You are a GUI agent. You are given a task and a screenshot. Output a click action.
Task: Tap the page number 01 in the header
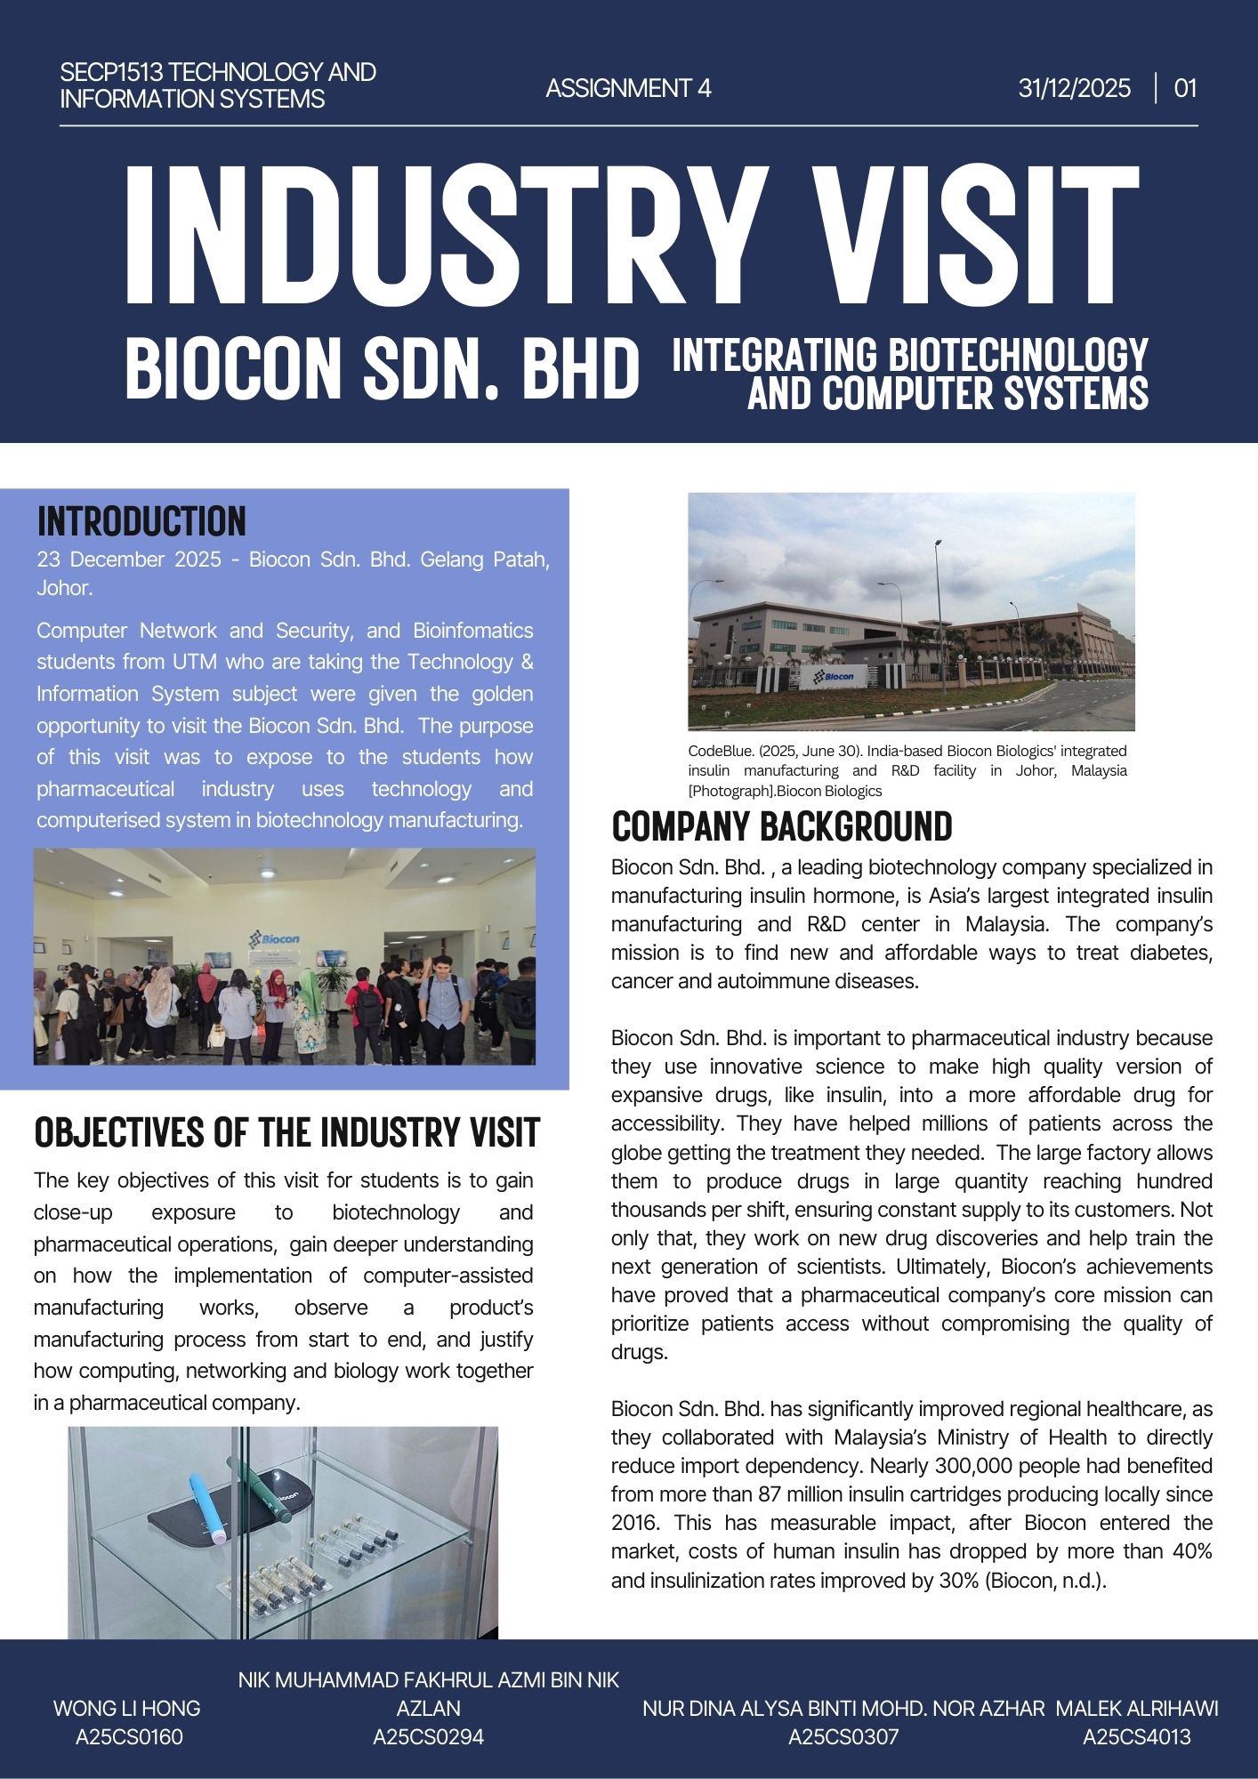click(x=1185, y=89)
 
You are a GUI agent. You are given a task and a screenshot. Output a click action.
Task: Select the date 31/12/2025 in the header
click(x=1075, y=89)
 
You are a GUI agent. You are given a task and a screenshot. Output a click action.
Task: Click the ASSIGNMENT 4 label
click(x=628, y=89)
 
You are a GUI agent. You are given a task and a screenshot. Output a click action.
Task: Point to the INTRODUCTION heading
click(x=141, y=521)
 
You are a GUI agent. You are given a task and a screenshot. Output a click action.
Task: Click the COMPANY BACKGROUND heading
click(x=781, y=826)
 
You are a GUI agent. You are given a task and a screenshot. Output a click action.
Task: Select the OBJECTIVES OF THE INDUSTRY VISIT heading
click(x=286, y=1132)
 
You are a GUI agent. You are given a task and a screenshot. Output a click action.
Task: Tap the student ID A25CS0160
click(x=129, y=1736)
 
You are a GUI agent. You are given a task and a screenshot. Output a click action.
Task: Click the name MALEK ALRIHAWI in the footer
click(x=1136, y=1708)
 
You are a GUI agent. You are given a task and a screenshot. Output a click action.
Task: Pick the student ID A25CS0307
click(x=843, y=1736)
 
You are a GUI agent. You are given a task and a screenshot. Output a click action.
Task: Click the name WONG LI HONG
click(x=126, y=1708)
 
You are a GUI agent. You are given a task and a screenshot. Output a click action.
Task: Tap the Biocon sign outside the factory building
click(x=833, y=677)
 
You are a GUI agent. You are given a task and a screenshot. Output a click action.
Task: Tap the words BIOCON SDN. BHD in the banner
click(x=383, y=367)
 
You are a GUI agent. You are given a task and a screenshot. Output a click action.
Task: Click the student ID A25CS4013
click(x=1136, y=1736)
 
